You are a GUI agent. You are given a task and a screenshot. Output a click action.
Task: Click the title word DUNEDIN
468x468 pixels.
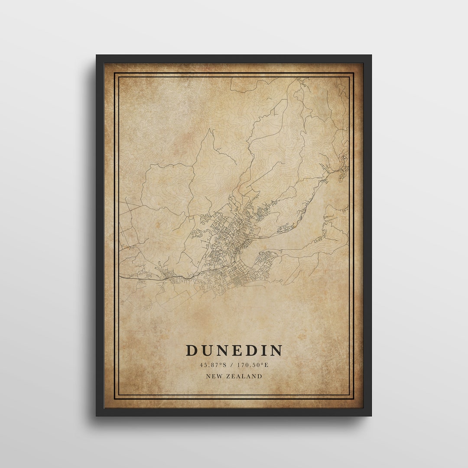point(234,350)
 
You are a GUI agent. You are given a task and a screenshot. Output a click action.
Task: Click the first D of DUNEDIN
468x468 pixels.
point(192,350)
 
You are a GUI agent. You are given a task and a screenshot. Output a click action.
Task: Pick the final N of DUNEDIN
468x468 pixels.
point(276,350)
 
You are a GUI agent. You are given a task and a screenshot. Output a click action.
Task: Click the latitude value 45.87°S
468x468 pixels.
point(213,365)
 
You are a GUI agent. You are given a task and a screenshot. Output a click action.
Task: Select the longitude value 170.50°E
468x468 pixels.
point(253,365)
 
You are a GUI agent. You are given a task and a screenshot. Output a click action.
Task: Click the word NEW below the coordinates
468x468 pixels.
point(214,376)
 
